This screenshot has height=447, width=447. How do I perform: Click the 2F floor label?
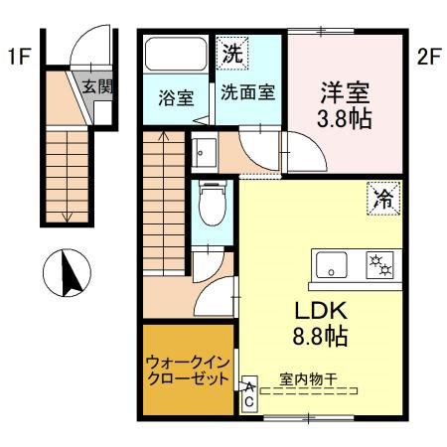point(428,57)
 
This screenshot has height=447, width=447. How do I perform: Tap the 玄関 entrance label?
point(97,86)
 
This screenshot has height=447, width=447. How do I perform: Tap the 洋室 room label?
point(345,93)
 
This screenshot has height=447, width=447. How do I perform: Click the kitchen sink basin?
point(331,265)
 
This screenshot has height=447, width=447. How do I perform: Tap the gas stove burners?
point(377,265)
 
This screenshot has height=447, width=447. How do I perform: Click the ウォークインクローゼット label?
point(189,371)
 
